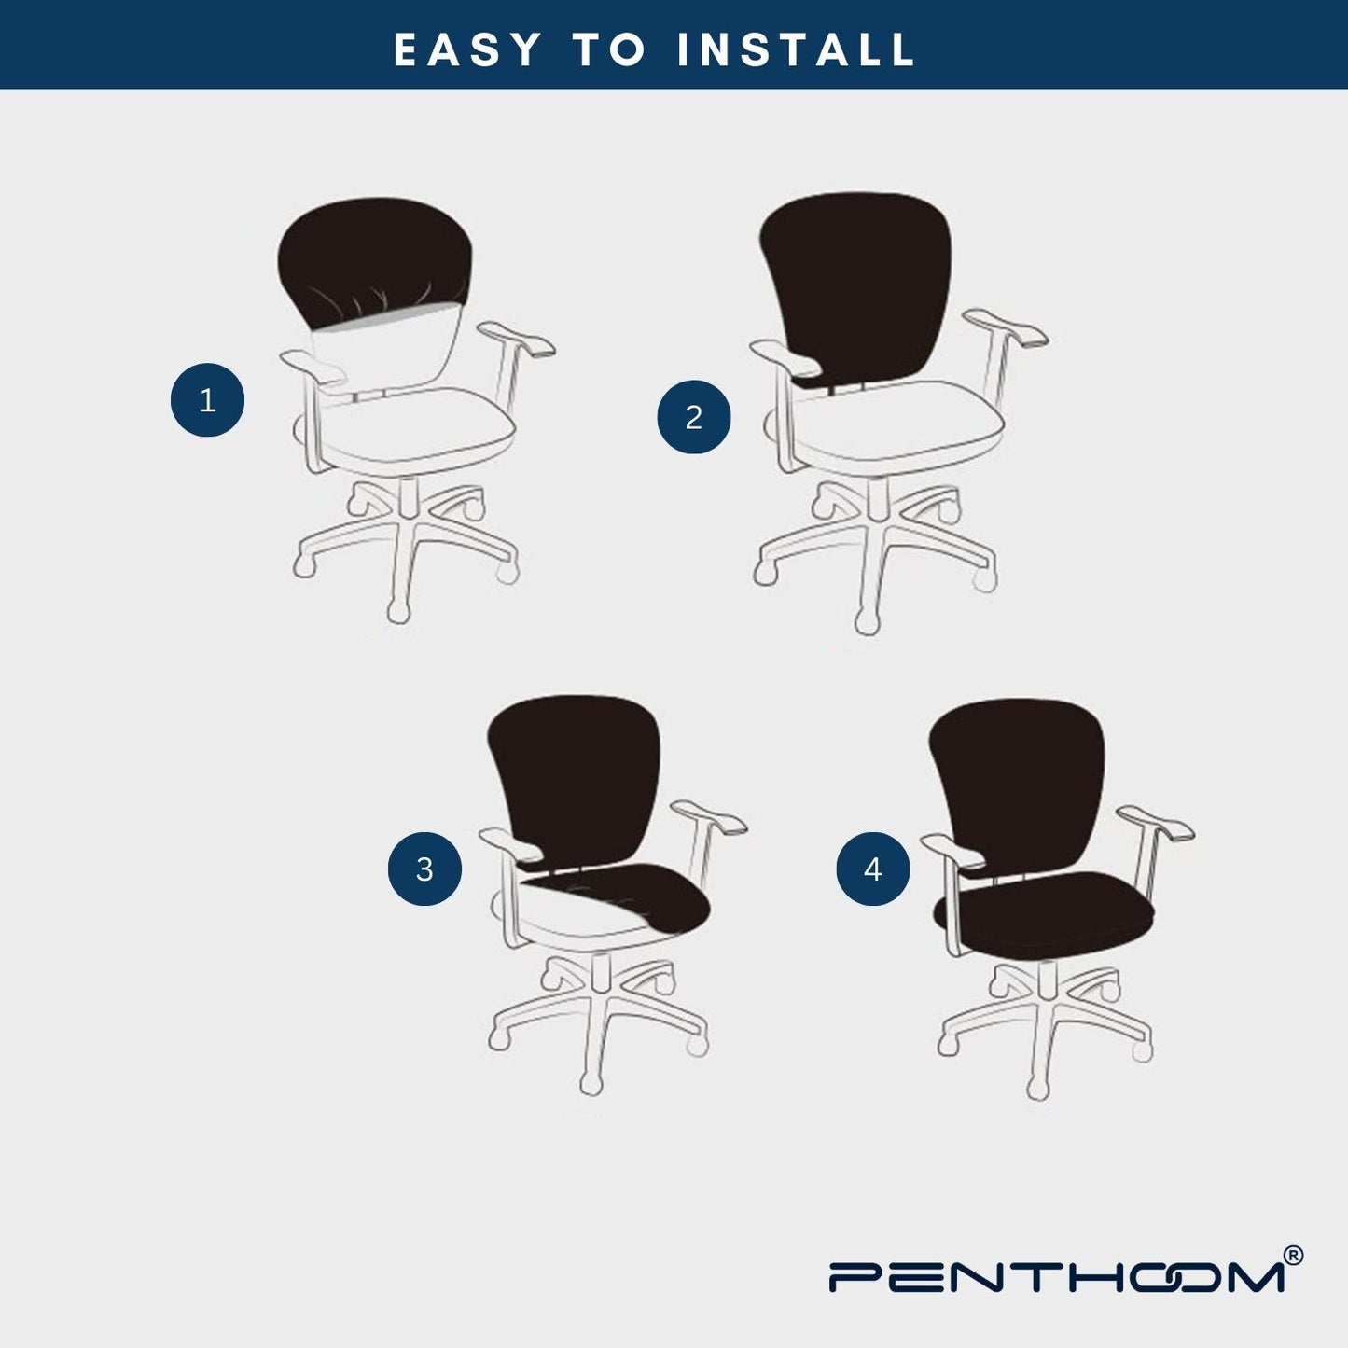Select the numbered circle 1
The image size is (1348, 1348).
tap(208, 400)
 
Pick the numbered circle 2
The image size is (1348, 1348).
tap(694, 417)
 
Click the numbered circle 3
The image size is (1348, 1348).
tap(424, 869)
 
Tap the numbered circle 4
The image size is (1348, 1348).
tap(873, 869)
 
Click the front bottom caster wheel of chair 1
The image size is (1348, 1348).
tap(398, 612)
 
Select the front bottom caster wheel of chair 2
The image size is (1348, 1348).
tap(868, 622)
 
